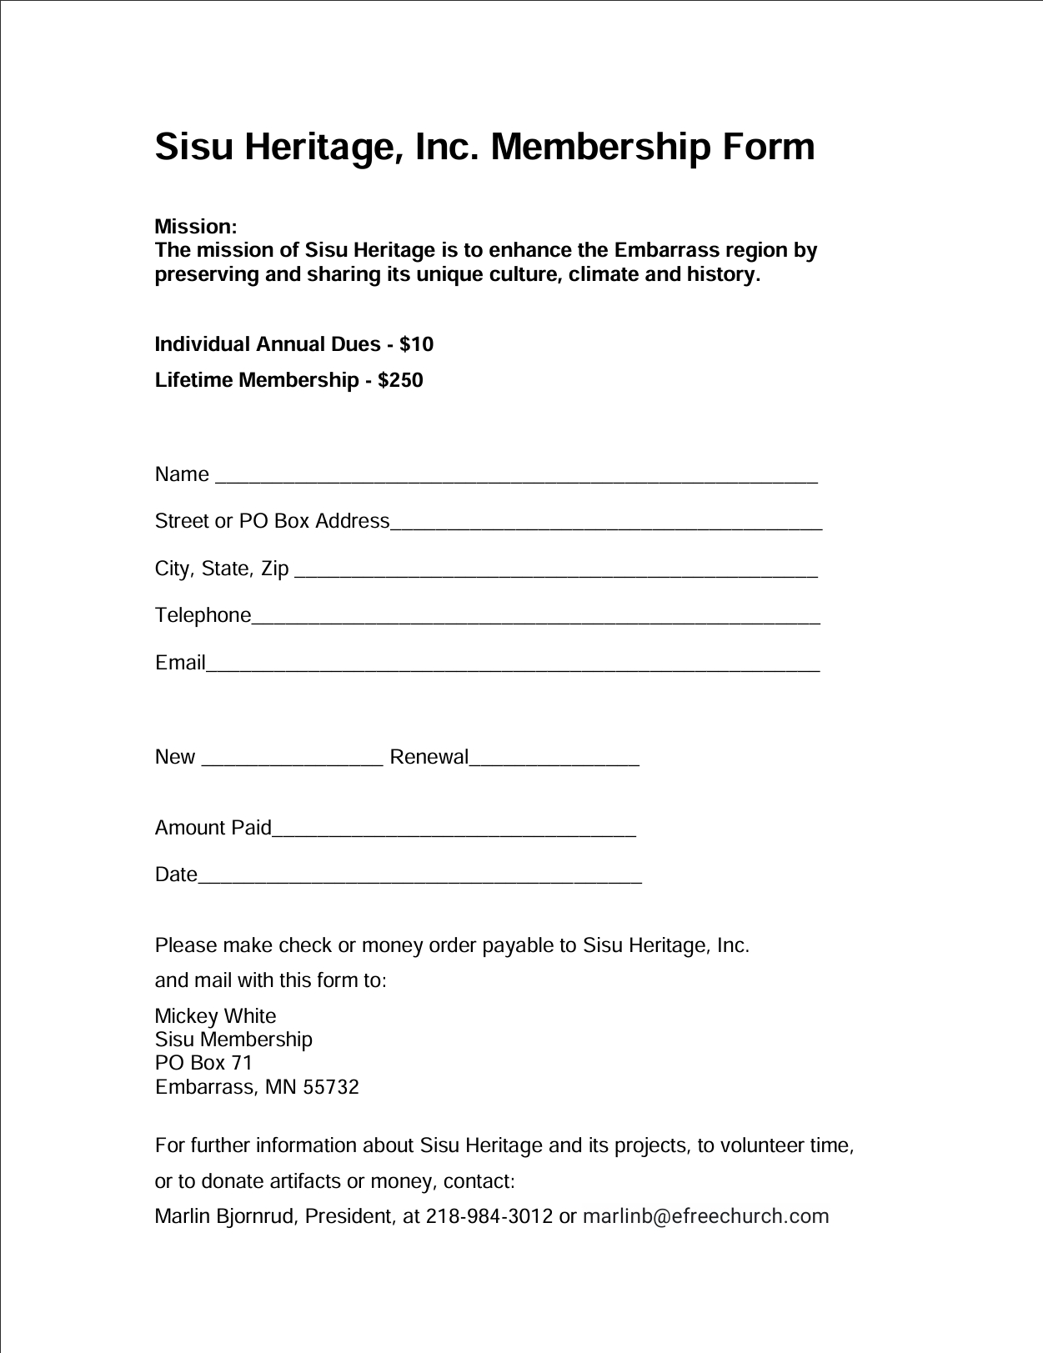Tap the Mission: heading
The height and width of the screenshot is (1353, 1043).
(196, 227)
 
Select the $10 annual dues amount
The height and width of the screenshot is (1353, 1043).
(416, 344)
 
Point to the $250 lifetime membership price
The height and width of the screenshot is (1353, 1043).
(400, 380)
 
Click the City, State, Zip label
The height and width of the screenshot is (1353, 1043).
(222, 569)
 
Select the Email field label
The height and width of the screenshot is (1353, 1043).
(180, 663)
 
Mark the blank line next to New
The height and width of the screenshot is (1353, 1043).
(293, 761)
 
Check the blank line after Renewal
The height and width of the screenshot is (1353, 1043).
(554, 761)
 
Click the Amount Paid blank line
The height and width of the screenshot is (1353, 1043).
(454, 832)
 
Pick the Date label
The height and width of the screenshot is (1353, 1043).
(176, 874)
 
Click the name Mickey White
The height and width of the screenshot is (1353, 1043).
(215, 1016)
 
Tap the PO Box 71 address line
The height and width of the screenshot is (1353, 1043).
(203, 1063)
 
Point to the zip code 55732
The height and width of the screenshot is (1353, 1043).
(331, 1087)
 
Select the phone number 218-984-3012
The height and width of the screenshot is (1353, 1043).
(489, 1216)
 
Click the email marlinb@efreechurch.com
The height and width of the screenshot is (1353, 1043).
(705, 1216)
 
